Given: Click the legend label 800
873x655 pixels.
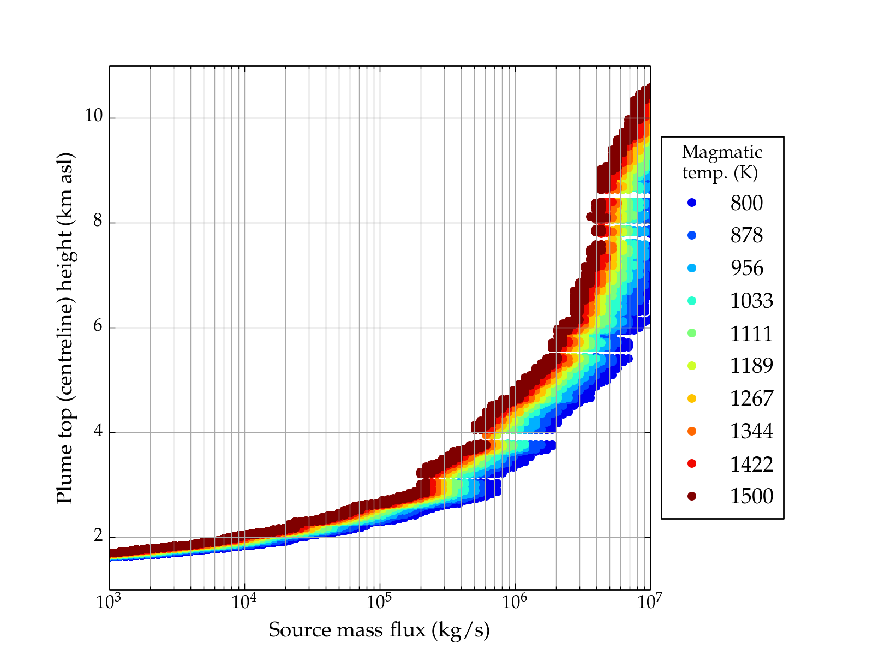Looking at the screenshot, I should click(746, 203).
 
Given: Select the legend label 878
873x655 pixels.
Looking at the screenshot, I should click(746, 235).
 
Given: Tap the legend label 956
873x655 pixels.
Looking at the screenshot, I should click(746, 268).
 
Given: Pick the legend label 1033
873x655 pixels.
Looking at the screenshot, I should click(751, 301).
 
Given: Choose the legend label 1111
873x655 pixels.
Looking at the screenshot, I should click(751, 334).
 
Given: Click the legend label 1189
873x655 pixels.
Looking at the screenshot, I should click(751, 366).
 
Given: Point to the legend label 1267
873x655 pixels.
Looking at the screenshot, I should click(751, 398).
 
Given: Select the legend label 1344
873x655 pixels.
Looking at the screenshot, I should click(751, 431).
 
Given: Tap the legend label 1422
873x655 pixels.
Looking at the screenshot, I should click(751, 464).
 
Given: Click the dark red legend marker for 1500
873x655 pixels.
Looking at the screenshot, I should click(692, 496).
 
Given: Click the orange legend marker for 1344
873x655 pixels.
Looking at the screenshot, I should click(692, 431).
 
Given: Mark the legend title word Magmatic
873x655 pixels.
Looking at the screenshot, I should click(722, 152).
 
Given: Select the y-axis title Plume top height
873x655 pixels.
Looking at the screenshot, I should click(65, 327).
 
